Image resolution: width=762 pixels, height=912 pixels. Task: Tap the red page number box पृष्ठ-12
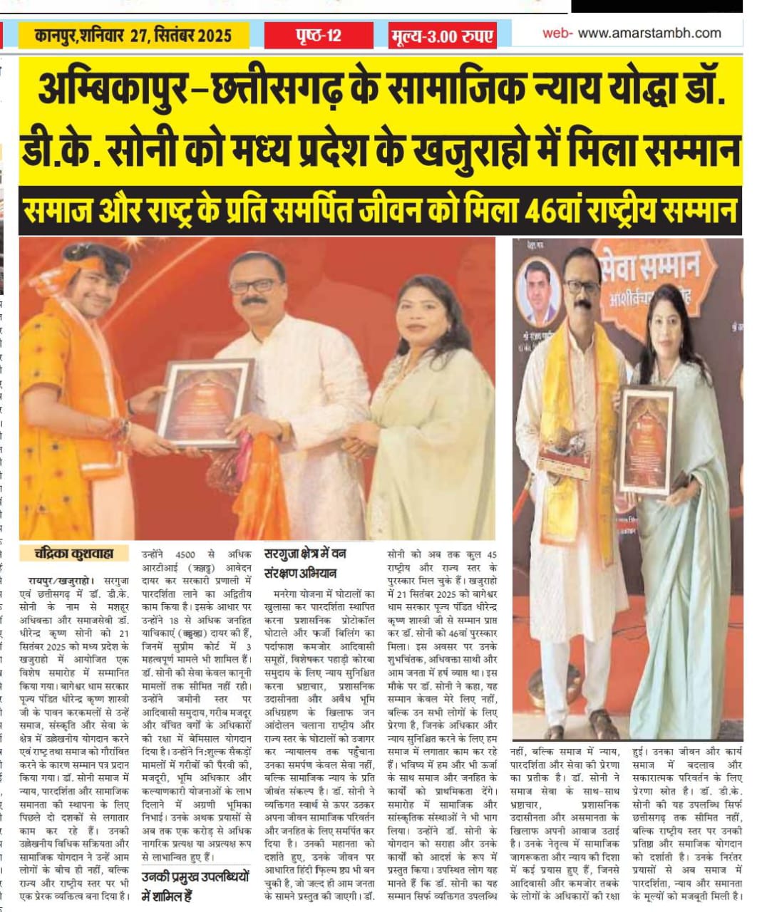pyautogui.click(x=318, y=35)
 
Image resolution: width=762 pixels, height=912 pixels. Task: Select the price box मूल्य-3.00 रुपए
pyautogui.click(x=442, y=36)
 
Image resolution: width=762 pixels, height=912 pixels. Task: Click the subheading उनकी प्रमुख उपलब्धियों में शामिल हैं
pyautogui.click(x=196, y=885)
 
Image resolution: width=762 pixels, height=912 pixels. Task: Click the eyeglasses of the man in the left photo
pyautogui.click(x=254, y=286)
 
